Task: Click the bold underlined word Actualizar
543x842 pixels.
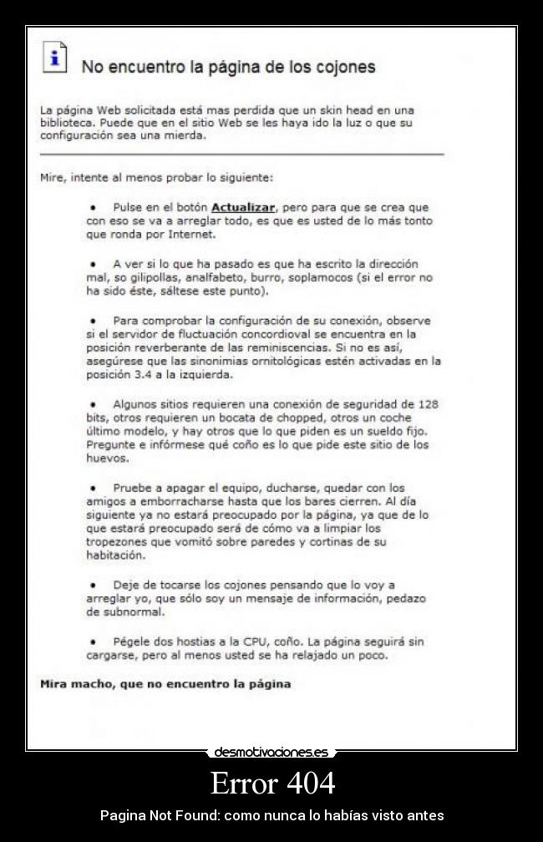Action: tap(243, 206)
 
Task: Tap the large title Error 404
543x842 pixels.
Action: tap(272, 783)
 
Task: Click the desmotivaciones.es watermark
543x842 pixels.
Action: tap(271, 753)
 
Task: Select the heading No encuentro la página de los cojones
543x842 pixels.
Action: tap(228, 67)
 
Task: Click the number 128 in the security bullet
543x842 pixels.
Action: tap(429, 404)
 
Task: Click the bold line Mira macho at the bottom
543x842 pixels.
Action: tap(165, 684)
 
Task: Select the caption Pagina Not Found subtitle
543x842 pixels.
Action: tap(272, 815)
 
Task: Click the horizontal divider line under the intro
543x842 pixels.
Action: tap(242, 155)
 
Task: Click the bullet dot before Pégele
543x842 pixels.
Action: tap(93, 642)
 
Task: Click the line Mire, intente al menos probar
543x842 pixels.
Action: tap(157, 177)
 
